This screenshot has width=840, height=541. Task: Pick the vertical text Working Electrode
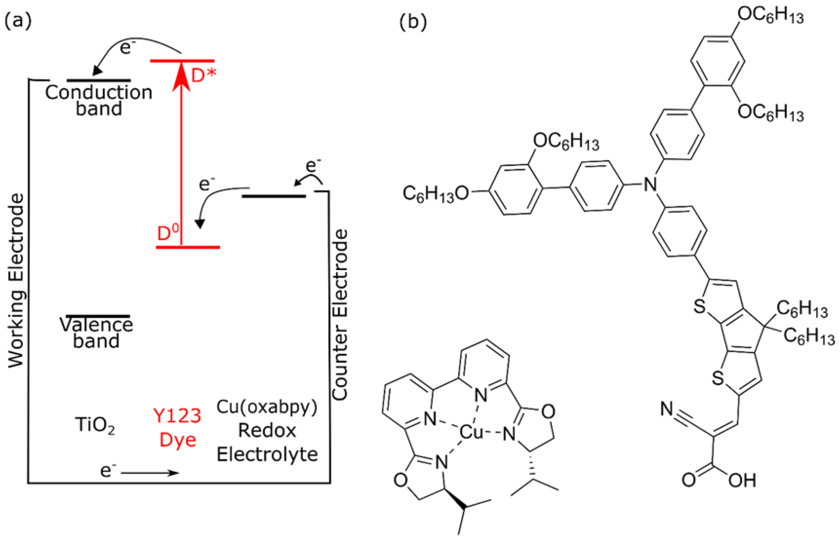click(x=16, y=281)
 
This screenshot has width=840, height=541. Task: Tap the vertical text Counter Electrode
click(x=340, y=315)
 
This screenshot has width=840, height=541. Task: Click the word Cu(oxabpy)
click(x=267, y=407)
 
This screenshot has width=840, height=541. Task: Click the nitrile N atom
click(x=666, y=409)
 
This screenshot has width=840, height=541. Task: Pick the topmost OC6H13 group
click(x=770, y=16)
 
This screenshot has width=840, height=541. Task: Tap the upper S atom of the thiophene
click(x=700, y=307)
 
